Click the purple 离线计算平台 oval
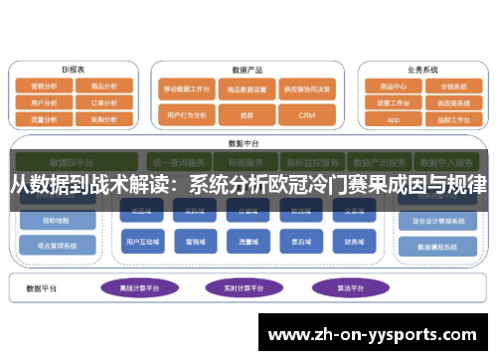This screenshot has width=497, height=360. pos(141,287)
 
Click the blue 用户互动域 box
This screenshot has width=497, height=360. pos(142,241)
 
